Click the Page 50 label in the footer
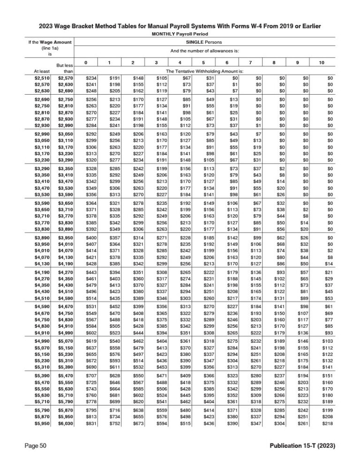click(x=36, y=445)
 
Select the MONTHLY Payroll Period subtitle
click(x=180, y=35)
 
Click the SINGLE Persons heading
click(x=205, y=43)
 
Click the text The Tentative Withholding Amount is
click(x=204, y=71)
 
